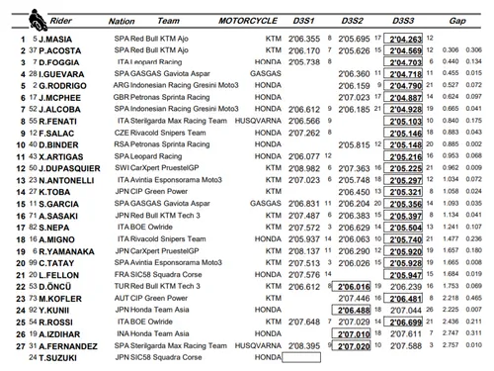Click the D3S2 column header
click(353, 20)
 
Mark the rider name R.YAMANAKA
click(54, 252)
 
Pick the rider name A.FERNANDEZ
click(54, 347)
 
